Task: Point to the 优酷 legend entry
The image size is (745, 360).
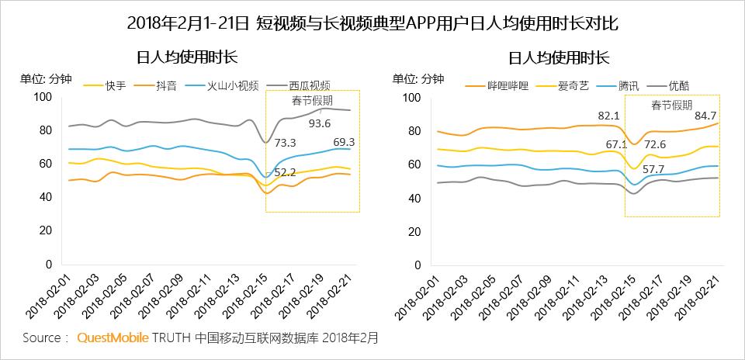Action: (677, 85)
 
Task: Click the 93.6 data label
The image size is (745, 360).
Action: (320, 123)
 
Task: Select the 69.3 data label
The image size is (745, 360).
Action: (345, 142)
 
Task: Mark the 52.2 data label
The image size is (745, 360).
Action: (285, 171)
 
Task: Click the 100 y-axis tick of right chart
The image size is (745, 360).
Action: (412, 97)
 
